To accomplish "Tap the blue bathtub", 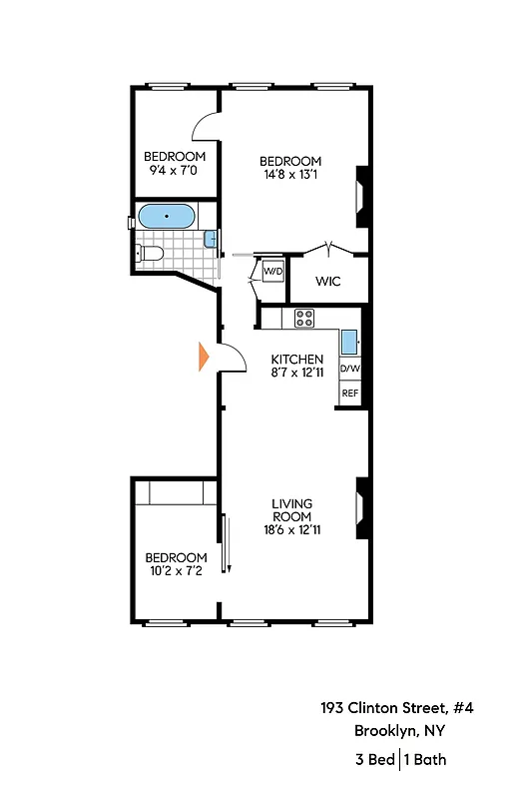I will pyautogui.click(x=167, y=216).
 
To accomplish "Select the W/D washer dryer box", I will pyautogui.click(x=272, y=271).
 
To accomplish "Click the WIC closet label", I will pyautogui.click(x=327, y=282).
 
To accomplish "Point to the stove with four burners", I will pyautogui.click(x=304, y=319).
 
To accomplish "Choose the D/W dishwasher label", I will pyautogui.click(x=350, y=370).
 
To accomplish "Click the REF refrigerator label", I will pyautogui.click(x=350, y=394).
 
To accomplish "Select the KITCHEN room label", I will pyautogui.click(x=297, y=360).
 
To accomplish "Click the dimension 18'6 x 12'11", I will pyautogui.click(x=292, y=530).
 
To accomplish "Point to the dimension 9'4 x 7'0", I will pyautogui.click(x=175, y=170).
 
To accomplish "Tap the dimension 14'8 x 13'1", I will pyautogui.click(x=290, y=176).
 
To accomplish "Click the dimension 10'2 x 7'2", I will pyautogui.click(x=176, y=571).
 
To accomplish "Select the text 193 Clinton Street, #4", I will pyautogui.click(x=396, y=707).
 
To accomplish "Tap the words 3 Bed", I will pyautogui.click(x=374, y=760).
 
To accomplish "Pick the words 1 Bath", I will pyautogui.click(x=426, y=760).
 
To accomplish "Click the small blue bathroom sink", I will pyautogui.click(x=211, y=238).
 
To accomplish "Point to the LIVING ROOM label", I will pyautogui.click(x=292, y=509).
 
